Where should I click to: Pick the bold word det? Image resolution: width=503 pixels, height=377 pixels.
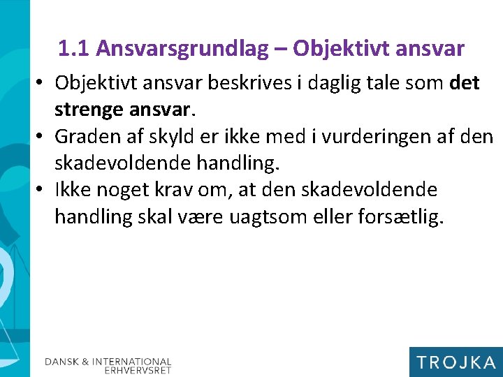click(x=465, y=83)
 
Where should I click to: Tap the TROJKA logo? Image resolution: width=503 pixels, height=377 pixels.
click(x=455, y=362)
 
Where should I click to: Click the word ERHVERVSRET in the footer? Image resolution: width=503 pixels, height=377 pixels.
click(x=138, y=371)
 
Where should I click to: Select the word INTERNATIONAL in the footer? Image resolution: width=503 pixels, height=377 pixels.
click(x=132, y=362)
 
